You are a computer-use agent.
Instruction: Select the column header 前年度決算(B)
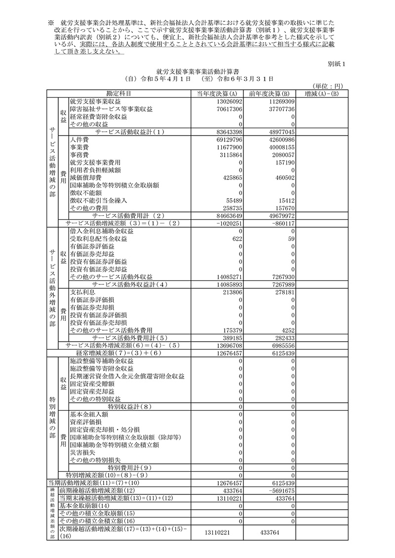point(269,94)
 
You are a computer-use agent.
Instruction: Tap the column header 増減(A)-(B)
point(321,94)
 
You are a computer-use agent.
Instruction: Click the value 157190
point(284,162)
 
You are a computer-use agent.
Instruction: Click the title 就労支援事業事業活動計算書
point(197,71)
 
